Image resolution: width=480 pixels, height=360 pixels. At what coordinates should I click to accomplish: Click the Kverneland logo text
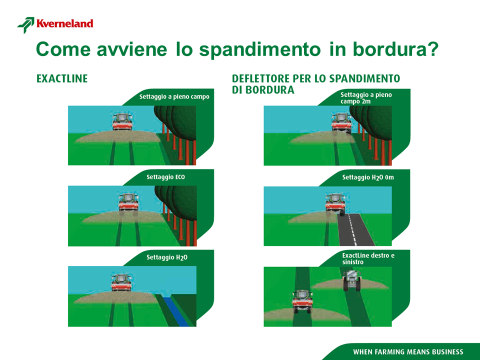pos(65,24)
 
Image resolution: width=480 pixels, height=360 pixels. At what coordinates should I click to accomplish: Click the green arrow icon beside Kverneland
pos(26,25)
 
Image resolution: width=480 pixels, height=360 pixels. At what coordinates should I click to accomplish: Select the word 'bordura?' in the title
pos(395,49)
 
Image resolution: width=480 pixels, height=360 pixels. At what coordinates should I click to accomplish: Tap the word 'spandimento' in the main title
pos(260,50)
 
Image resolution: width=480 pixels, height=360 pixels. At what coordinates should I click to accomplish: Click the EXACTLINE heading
pos(62,79)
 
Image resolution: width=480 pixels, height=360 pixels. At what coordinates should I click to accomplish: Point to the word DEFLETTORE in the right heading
pos(261,79)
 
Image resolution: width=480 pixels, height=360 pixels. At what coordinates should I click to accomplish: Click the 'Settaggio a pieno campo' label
pos(174,97)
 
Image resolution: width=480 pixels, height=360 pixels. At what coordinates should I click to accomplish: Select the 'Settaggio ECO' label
pos(166,177)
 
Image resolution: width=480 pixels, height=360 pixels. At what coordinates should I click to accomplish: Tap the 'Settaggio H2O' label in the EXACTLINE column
pos(167,257)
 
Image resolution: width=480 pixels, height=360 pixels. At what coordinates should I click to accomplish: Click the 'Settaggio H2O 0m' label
pos(368,178)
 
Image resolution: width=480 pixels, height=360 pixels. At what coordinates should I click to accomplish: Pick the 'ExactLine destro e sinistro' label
pos(368,259)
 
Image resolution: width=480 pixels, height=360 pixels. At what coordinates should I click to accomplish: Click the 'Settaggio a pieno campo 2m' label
pos(366,98)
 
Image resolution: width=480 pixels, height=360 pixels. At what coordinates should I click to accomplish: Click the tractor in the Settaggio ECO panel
pos(128,202)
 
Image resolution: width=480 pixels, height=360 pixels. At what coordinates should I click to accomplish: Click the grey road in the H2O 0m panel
pos(355,230)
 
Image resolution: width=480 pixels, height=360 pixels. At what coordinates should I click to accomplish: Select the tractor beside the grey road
pos(336,202)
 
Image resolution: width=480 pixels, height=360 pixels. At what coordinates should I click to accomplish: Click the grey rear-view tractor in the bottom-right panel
pos(352,281)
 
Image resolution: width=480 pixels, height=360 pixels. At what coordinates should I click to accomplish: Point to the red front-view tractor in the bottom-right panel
pos(302,302)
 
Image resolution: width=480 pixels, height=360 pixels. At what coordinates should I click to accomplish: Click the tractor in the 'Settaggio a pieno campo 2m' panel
pos(341,123)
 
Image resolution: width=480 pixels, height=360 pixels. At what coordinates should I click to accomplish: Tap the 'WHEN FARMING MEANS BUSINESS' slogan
pos(408,352)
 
